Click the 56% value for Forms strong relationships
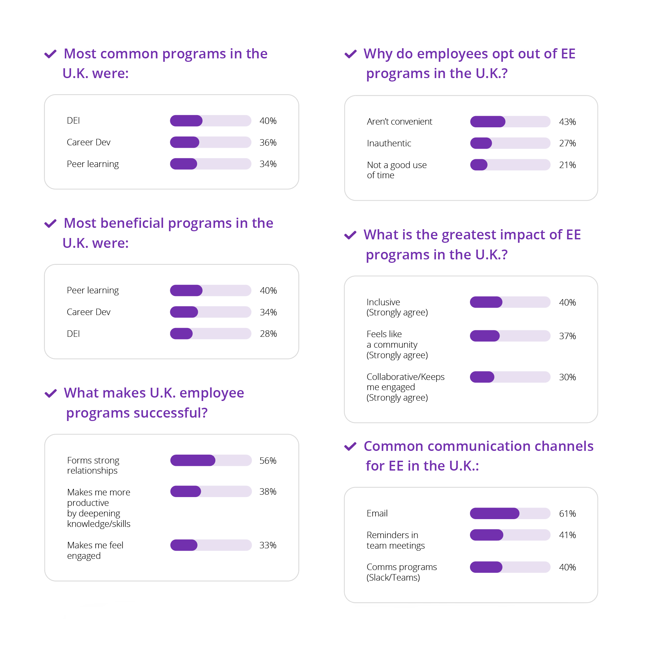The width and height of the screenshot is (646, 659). tap(268, 461)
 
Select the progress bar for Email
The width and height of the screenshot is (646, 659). tap(510, 513)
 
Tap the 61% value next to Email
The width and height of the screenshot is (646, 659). tap(567, 514)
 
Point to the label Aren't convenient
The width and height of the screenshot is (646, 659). tap(399, 122)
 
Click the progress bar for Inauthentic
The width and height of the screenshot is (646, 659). tap(510, 143)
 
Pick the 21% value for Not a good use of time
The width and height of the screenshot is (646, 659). tap(567, 165)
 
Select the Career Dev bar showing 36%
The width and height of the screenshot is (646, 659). tap(210, 142)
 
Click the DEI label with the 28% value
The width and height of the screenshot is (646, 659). tap(73, 334)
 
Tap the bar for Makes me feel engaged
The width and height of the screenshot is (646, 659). tap(211, 545)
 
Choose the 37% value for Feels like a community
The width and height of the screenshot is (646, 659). tap(567, 336)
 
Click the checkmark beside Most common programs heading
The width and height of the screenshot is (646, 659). tap(51, 54)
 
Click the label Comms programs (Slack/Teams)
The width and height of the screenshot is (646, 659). tap(401, 572)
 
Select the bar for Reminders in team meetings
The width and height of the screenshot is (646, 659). tap(510, 535)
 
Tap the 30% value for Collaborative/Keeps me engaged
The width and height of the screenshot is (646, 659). tap(567, 377)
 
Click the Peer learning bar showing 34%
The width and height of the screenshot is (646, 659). tap(210, 164)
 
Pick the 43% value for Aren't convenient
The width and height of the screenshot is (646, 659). tap(567, 122)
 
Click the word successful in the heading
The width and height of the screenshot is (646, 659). tap(166, 413)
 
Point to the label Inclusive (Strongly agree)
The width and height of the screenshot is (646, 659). tap(397, 307)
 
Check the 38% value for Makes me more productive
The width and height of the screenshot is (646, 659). tap(268, 492)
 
